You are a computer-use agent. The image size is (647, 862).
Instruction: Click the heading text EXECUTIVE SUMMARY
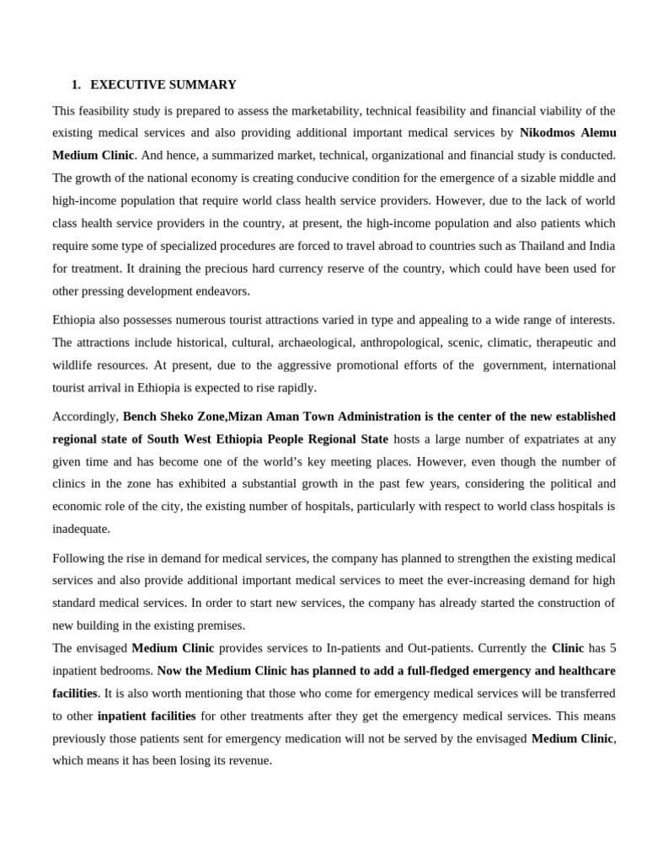[x=163, y=85]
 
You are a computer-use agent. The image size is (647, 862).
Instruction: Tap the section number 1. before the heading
[x=76, y=85]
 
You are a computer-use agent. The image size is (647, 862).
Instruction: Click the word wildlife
[x=74, y=365]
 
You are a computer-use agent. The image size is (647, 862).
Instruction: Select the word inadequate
[x=81, y=529]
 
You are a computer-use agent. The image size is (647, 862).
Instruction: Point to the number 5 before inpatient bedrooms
[x=612, y=648]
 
